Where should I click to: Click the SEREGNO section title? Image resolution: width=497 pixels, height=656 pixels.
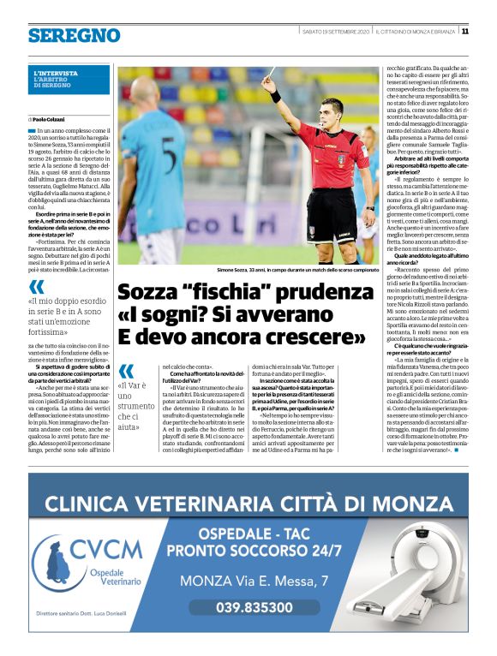(x=74, y=35)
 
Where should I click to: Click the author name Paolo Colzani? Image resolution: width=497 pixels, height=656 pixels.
(x=49, y=119)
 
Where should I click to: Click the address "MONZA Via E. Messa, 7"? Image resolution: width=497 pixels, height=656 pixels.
(x=254, y=581)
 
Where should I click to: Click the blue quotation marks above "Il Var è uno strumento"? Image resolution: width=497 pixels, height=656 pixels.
(x=126, y=371)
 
